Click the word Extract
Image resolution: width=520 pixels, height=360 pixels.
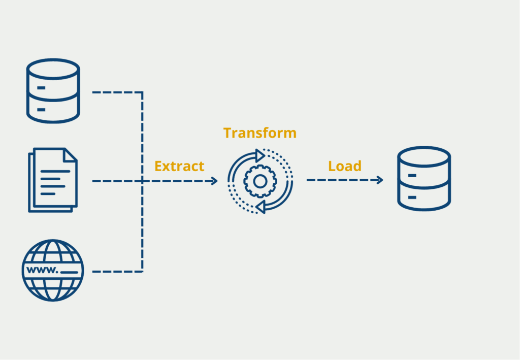(179, 166)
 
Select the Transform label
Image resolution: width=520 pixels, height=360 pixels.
(259, 133)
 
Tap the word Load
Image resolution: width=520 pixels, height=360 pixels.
(345, 166)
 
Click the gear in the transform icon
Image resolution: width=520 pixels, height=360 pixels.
(259, 181)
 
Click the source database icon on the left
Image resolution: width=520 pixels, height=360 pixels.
(53, 91)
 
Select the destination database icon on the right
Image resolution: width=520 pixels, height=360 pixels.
(424, 178)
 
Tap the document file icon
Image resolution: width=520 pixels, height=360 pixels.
(52, 180)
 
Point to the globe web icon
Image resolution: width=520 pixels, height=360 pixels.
(52, 270)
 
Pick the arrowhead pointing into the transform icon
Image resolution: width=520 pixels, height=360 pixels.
(214, 181)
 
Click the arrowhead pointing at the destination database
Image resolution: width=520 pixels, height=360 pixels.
(379, 180)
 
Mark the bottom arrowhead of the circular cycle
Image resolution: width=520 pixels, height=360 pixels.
(260, 206)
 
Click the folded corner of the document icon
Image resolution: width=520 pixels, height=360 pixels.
(71, 154)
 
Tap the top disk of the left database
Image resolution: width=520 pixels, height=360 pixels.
(53, 69)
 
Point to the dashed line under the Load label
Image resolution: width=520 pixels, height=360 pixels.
(340, 180)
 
